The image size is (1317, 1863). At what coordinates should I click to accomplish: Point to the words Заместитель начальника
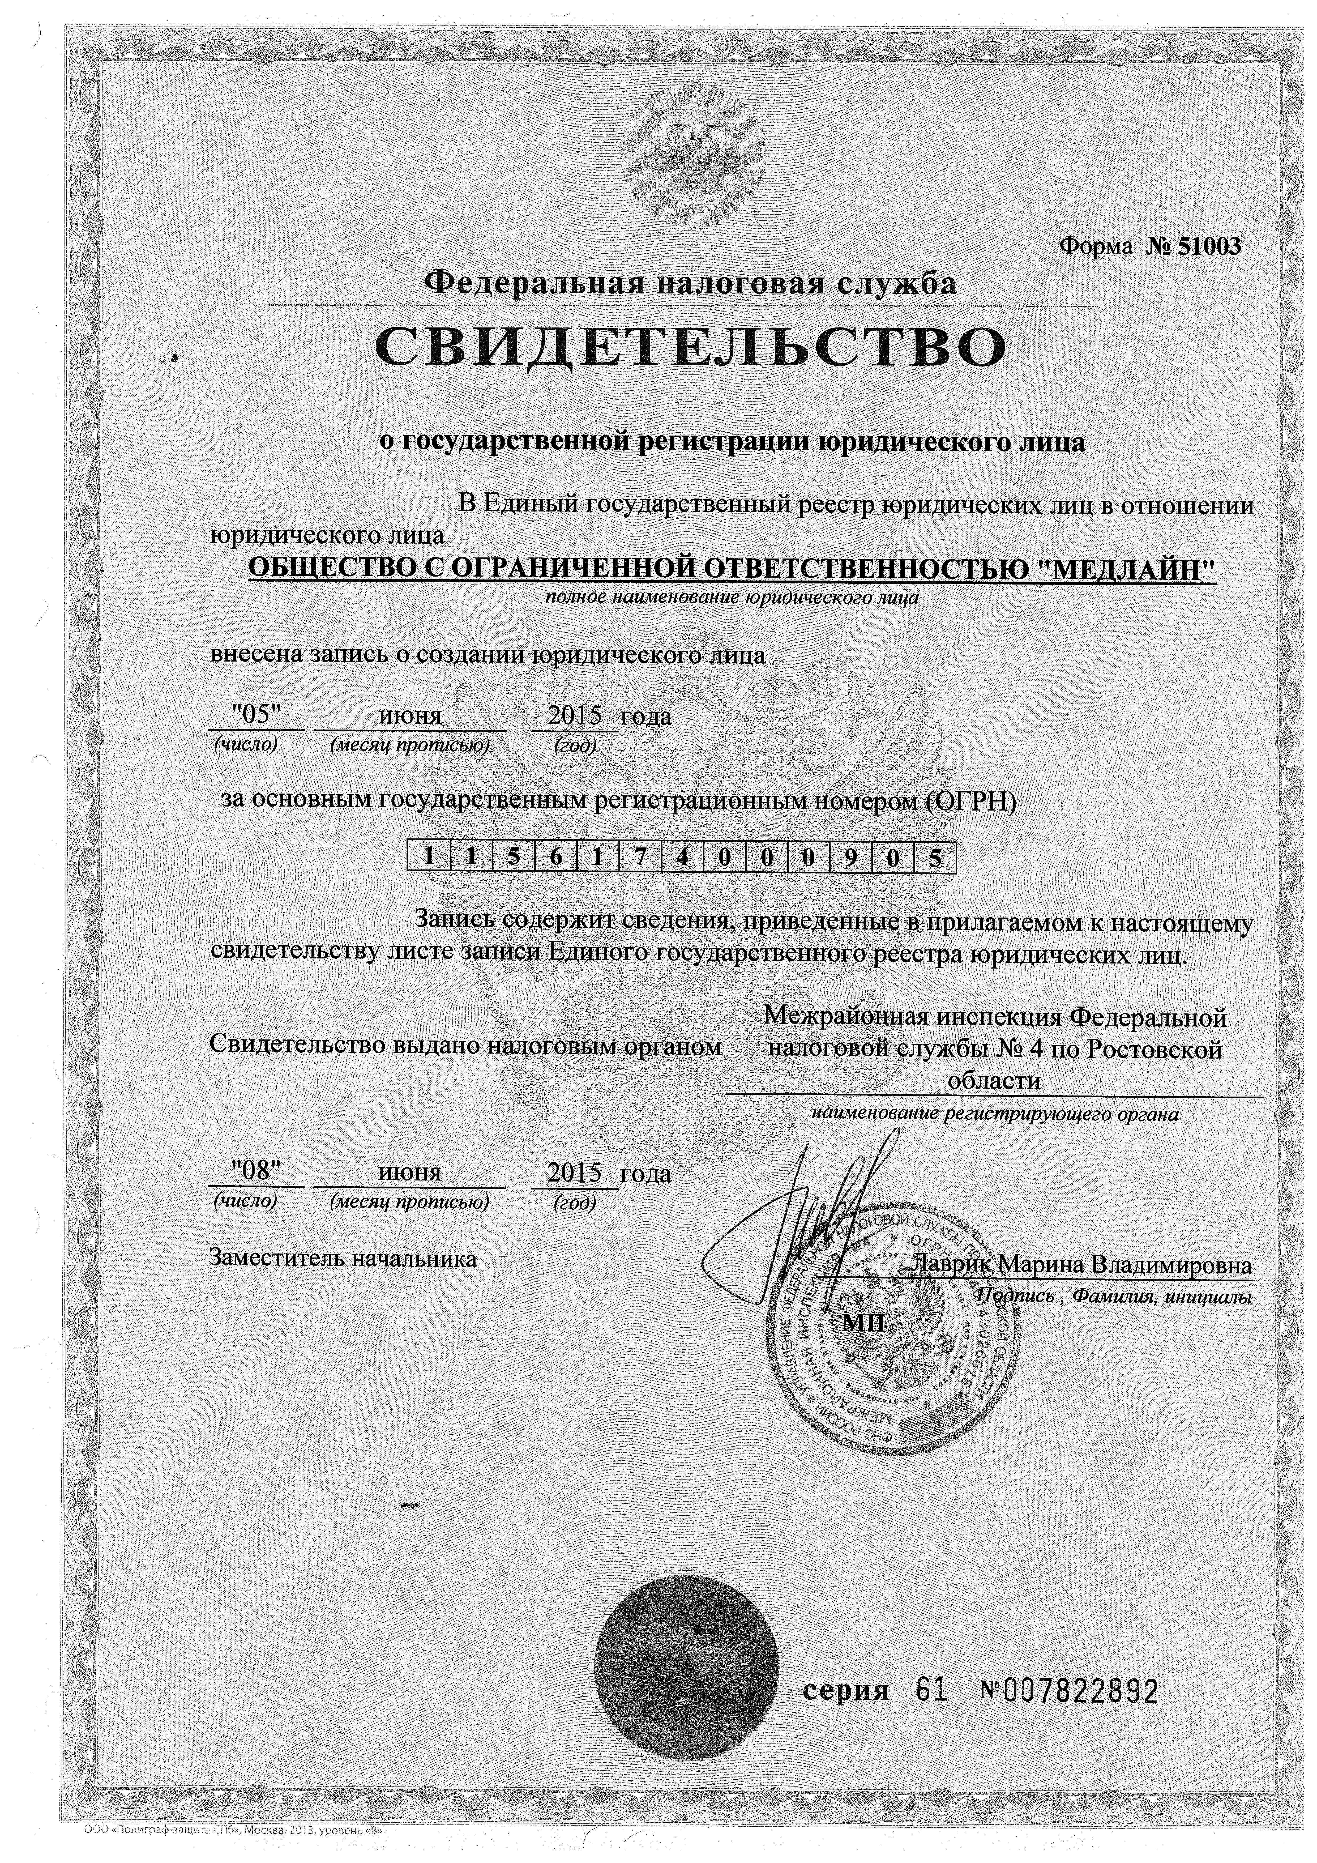coord(343,1259)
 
